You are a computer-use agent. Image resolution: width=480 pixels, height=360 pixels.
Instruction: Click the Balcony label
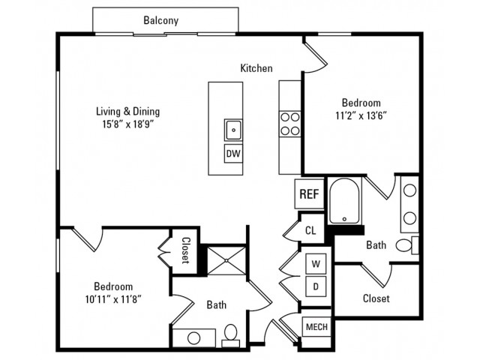click(x=160, y=20)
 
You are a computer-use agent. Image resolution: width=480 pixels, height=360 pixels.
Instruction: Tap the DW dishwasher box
click(x=233, y=153)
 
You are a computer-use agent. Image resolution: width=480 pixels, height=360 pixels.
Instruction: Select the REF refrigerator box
click(x=309, y=193)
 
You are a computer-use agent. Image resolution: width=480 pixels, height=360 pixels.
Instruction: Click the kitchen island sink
click(x=233, y=130)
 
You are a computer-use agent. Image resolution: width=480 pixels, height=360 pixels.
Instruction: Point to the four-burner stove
click(x=290, y=124)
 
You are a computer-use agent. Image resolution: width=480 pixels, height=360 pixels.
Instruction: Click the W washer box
click(x=316, y=263)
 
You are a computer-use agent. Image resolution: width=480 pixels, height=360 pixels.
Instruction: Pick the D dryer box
click(x=316, y=286)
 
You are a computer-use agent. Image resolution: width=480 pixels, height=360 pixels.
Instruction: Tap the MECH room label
click(x=316, y=327)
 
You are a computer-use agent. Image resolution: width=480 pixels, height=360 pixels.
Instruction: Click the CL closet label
click(x=310, y=230)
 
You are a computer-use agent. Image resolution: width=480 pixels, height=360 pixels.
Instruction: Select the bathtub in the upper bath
click(x=344, y=201)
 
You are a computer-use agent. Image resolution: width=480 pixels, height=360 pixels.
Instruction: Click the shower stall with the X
click(x=226, y=260)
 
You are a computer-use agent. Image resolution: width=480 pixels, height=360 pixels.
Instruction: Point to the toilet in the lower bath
click(x=230, y=335)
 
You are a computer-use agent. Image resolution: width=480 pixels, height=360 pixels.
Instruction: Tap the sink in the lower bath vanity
click(x=193, y=338)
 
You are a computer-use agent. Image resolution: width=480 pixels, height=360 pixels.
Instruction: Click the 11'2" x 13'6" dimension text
click(x=361, y=116)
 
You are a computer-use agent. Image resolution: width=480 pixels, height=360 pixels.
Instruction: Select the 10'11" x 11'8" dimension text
click(x=113, y=299)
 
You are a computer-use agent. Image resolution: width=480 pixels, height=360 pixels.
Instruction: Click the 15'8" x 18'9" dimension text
click(x=128, y=124)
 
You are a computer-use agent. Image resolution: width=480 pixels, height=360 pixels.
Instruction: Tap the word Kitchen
click(x=256, y=68)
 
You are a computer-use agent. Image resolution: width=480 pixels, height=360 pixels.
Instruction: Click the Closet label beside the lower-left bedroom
click(x=185, y=250)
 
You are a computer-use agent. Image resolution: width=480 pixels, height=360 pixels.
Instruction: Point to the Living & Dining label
click(x=128, y=111)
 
